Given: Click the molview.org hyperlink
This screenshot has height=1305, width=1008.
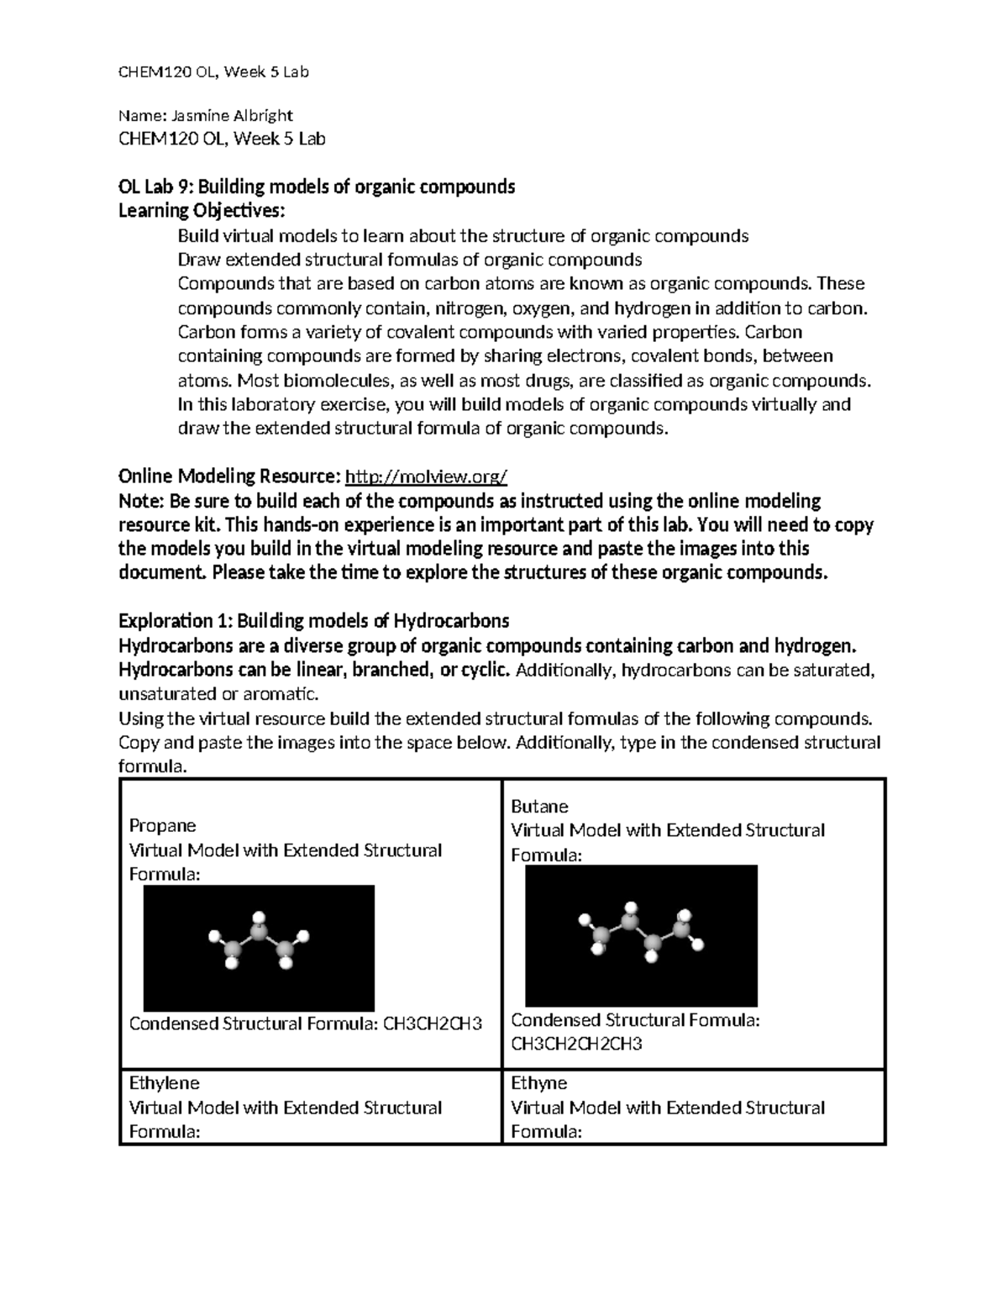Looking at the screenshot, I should [x=427, y=477].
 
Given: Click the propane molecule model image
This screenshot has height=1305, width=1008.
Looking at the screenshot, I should [x=259, y=948].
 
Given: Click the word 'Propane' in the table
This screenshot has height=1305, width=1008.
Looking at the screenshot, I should [x=162, y=825].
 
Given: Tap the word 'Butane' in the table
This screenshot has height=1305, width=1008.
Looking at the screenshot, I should [x=539, y=807].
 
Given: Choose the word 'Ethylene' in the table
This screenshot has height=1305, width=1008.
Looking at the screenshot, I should [x=164, y=1083].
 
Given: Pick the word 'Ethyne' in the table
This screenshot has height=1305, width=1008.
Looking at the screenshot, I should [x=538, y=1083].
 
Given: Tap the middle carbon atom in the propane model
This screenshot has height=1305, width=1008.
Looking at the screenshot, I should [x=260, y=934].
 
